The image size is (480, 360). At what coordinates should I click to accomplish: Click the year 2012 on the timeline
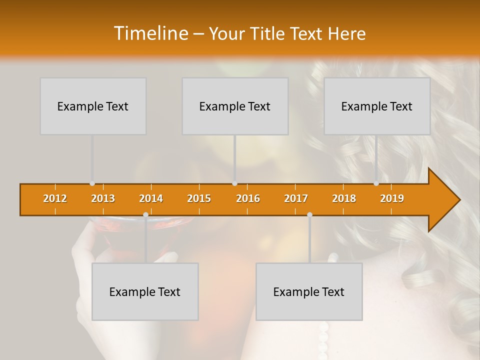coord(55,198)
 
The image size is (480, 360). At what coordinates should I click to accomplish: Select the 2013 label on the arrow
coord(103,198)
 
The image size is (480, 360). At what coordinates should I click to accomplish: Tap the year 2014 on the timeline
coord(151,198)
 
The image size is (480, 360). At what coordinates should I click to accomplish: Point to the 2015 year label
coord(199,198)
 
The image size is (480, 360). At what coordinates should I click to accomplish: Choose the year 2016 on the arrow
coord(248,198)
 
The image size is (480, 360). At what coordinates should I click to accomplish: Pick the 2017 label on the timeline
coord(296,198)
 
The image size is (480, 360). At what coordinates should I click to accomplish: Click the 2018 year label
coord(344,198)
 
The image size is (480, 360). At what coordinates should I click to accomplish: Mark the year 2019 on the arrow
coord(392,198)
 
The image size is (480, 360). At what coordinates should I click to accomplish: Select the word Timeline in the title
coord(150,33)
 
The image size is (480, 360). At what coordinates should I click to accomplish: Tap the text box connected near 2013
coord(93,106)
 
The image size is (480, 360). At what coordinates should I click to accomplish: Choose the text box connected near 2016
coord(235,106)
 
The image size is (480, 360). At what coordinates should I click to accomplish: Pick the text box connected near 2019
coord(377,106)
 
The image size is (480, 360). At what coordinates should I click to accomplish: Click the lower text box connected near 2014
coord(145,291)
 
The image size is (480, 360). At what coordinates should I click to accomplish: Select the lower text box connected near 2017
coord(309,291)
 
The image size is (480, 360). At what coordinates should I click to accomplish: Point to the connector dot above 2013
coord(92,183)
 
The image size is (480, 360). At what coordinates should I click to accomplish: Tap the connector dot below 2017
coord(309,214)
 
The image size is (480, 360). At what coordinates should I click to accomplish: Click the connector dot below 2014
coord(145,214)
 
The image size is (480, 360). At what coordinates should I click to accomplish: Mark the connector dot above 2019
coord(376,183)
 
